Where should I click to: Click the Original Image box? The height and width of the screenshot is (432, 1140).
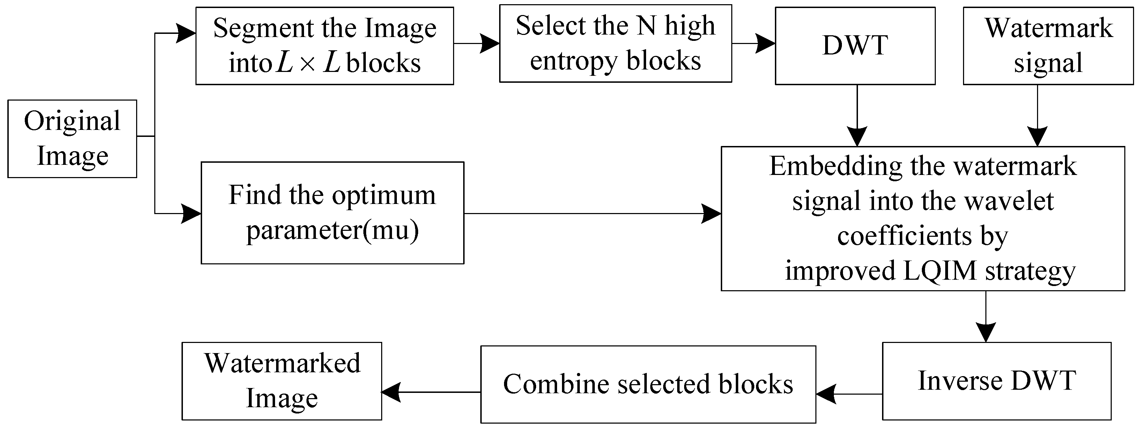[72, 139]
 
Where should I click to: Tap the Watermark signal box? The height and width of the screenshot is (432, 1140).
[1048, 46]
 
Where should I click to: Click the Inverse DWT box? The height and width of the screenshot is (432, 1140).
[996, 381]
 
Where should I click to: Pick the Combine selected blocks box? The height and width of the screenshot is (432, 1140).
[648, 384]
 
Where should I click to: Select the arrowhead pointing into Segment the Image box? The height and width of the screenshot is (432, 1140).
[186, 33]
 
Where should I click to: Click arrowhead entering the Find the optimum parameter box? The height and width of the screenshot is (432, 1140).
[191, 214]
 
